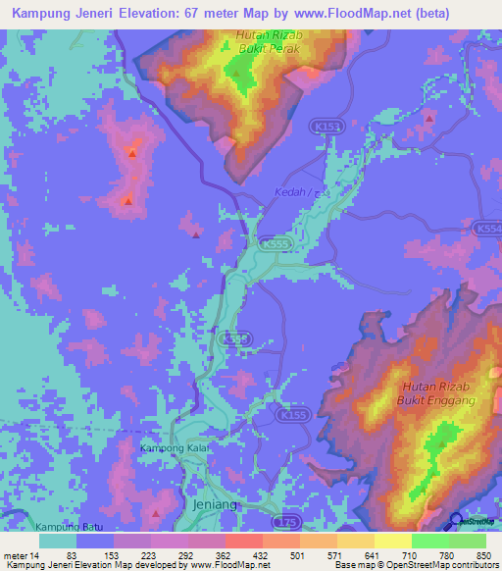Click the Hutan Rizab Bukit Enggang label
tap(435, 393)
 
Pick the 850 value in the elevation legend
tap(480, 556)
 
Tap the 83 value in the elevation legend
tap(72, 556)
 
